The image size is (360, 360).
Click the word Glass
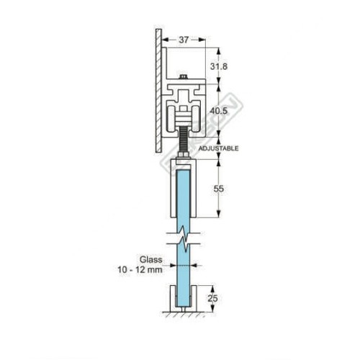[150, 258]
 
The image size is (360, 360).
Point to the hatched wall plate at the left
[157, 90]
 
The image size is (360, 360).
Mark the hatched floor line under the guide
[185, 315]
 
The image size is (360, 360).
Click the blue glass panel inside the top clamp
[185, 194]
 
